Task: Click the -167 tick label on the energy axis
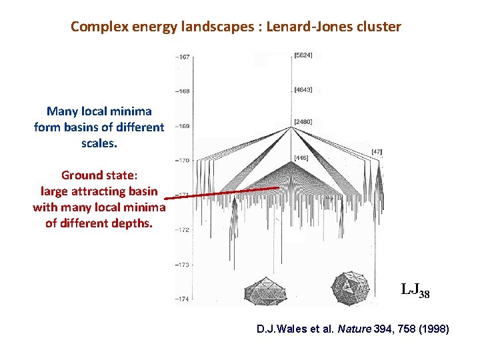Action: [182, 57]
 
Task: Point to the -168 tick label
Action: [182, 91]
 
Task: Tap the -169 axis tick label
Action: [182, 125]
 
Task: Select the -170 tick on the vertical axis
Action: [182, 160]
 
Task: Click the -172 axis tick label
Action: [182, 230]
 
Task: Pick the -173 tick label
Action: [182, 265]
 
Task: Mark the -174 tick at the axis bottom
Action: [182, 298]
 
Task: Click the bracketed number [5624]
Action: [303, 55]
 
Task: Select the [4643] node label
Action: [303, 89]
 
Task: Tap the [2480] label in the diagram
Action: [303, 121]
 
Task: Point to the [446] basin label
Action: [301, 157]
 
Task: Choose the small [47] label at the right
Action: [377, 153]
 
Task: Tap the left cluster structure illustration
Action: [265, 291]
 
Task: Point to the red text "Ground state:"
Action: [99, 175]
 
